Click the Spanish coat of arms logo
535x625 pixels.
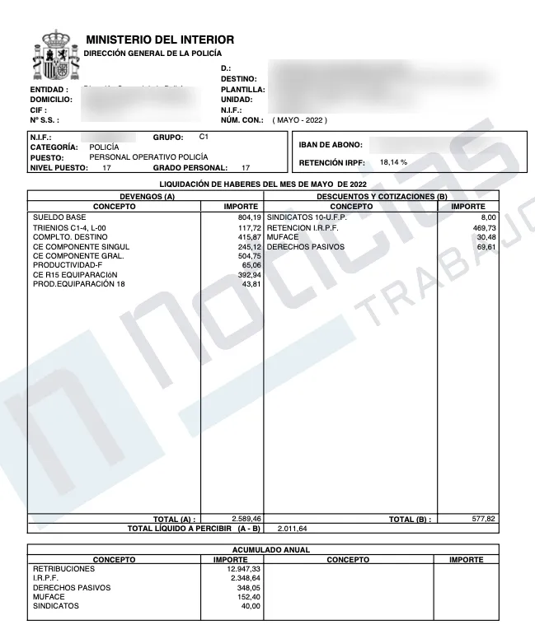click(x=54, y=57)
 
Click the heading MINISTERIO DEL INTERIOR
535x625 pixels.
click(x=160, y=40)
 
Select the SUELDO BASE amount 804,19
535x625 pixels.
click(x=249, y=217)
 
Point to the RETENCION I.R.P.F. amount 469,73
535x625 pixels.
click(x=483, y=227)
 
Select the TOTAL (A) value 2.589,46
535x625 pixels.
click(x=245, y=520)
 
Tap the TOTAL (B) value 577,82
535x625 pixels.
click(x=483, y=520)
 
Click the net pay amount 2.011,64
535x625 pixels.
click(x=293, y=529)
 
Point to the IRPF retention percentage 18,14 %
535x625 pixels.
click(x=393, y=162)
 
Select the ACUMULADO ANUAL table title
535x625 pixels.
click(x=264, y=549)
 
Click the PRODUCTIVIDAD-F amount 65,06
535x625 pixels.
click(x=251, y=266)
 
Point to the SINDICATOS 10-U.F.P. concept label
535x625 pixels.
click(x=307, y=217)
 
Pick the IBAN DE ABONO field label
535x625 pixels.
click(x=329, y=145)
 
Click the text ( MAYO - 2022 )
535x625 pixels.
click(x=300, y=120)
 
